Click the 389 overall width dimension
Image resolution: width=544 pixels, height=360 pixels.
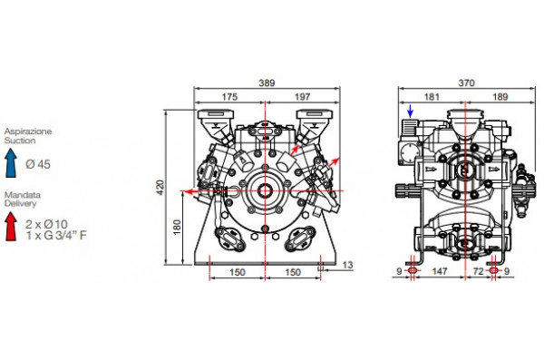(x=267, y=83)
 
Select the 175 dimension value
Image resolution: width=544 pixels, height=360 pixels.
(x=229, y=96)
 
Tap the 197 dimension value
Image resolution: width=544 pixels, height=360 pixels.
(x=302, y=96)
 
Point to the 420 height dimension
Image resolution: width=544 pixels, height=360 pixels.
(x=160, y=188)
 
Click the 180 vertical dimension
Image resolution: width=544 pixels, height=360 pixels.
(x=177, y=227)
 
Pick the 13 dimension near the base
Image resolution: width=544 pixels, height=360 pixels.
(x=347, y=265)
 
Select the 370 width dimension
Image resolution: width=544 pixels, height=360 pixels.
(x=466, y=83)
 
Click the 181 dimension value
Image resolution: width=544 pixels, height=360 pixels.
(x=432, y=96)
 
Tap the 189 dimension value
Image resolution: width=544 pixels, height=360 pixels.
(x=500, y=96)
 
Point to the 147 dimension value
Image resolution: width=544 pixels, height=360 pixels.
(x=440, y=271)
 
